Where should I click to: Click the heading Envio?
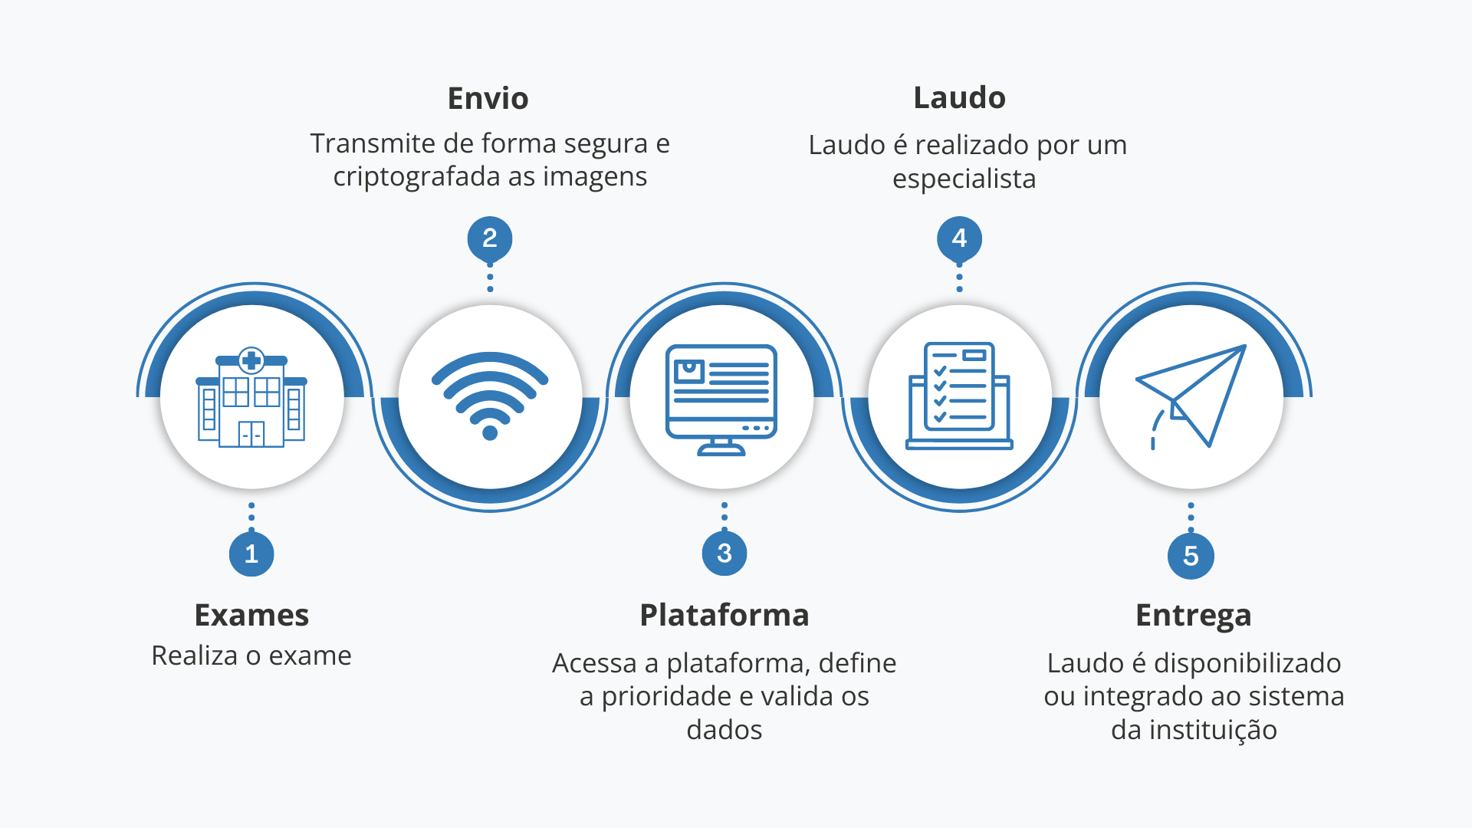[488, 99]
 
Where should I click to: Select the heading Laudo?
[960, 98]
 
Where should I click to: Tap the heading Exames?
[251, 615]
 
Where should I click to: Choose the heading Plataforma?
[724, 615]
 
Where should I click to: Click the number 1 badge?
[251, 554]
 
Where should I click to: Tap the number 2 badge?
[490, 238]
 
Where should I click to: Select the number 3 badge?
[724, 553]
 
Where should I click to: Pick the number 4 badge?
[959, 238]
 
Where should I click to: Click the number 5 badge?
[1191, 556]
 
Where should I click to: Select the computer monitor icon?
[721, 399]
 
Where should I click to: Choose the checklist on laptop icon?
[959, 396]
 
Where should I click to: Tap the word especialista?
[964, 179]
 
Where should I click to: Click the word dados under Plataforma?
[724, 730]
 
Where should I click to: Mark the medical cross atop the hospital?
[251, 360]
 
